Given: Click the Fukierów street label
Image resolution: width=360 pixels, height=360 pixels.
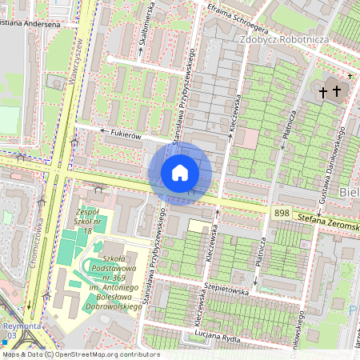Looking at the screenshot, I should pos(126,137).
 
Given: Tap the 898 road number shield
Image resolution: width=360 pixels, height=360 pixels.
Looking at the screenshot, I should pos(282,213).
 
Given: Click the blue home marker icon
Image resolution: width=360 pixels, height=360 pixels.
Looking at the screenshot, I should pos(180,173).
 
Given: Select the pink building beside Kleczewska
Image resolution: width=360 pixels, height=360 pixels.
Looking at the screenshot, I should pos(250,138).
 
